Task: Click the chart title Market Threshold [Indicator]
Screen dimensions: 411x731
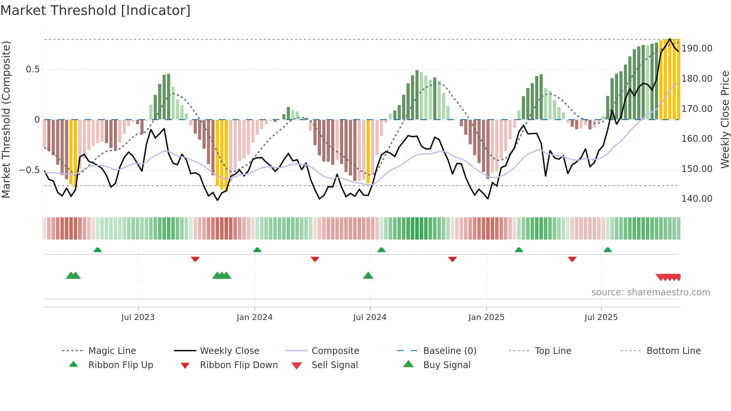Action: coord(95,10)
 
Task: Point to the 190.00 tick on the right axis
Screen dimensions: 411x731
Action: coord(697,48)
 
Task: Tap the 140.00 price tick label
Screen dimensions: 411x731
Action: coord(697,199)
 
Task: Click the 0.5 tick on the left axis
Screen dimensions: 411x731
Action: coord(32,69)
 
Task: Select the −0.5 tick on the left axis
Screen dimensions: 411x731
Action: coord(29,170)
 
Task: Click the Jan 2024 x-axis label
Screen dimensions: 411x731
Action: coord(254,317)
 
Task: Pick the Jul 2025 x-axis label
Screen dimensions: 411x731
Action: coord(601,317)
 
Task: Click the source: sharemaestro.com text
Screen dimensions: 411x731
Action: coord(650,292)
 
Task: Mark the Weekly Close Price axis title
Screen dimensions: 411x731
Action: coord(725,119)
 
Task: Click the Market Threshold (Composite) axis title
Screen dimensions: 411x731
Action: coord(6,119)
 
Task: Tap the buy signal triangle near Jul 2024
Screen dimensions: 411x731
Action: coord(368,276)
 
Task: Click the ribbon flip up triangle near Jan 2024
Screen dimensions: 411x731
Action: coord(257,250)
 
